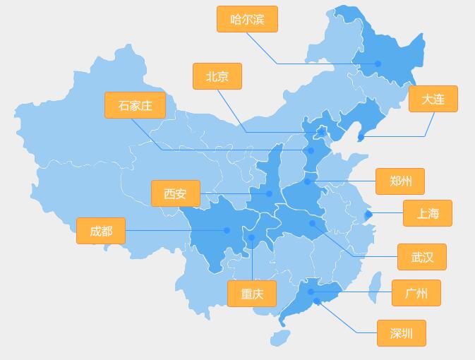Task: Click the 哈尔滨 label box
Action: pyautogui.click(x=247, y=19)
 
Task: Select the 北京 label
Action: pyautogui.click(x=217, y=76)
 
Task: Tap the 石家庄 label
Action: pyautogui.click(x=135, y=105)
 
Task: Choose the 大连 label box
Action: pyautogui.click(x=433, y=99)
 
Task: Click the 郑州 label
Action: pyautogui.click(x=400, y=181)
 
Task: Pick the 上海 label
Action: pyautogui.click(x=427, y=213)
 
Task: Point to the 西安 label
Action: pyautogui.click(x=175, y=193)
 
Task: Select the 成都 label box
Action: pyautogui.click(x=101, y=231)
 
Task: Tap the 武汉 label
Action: pyautogui.click(x=422, y=257)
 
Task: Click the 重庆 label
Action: pyautogui.click(x=252, y=294)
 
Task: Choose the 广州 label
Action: pyautogui.click(x=416, y=293)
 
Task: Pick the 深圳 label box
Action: pyautogui.click(x=401, y=333)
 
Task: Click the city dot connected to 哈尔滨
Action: pyautogui.click(x=378, y=64)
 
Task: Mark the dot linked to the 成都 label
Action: pyautogui.click(x=227, y=230)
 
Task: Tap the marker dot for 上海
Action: pyautogui.click(x=368, y=213)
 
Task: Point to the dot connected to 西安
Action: pyautogui.click(x=269, y=193)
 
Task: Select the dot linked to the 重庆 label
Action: pyautogui.click(x=251, y=238)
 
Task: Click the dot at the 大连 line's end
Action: pyautogui.click(x=361, y=136)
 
